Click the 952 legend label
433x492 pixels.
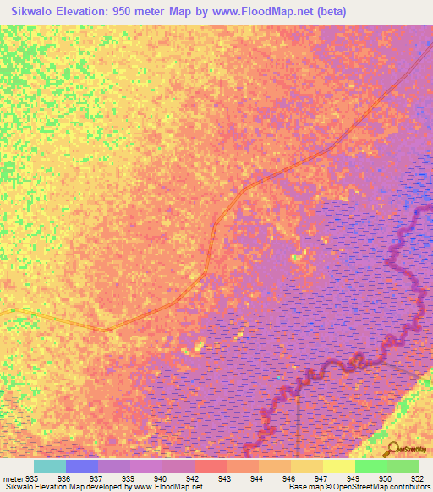[x=417, y=478]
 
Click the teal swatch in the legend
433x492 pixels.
[x=49, y=466]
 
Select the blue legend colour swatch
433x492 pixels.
[x=81, y=466]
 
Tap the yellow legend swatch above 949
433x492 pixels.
[x=338, y=466]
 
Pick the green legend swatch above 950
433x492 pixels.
[x=370, y=466]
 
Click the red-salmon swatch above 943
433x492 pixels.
[x=211, y=466]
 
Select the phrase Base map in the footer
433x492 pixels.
[x=301, y=487]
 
